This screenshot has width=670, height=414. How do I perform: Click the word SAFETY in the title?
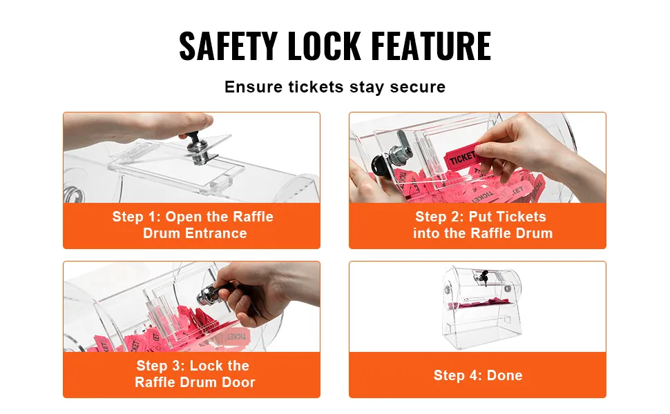click(228, 46)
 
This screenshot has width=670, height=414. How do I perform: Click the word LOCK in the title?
click(324, 46)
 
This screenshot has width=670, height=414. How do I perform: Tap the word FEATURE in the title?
click(431, 46)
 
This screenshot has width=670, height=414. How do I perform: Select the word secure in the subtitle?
click(417, 87)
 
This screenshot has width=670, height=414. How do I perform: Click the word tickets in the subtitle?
click(316, 87)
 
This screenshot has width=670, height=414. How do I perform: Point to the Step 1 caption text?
click(193, 225)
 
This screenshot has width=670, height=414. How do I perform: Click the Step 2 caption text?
click(482, 225)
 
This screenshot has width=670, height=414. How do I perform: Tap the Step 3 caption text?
click(194, 374)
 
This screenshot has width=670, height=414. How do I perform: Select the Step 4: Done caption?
click(478, 375)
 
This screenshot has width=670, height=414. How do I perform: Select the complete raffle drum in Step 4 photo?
click(481, 307)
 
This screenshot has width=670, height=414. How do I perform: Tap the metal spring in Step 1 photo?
click(70, 194)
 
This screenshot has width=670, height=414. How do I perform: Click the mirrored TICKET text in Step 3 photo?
click(236, 336)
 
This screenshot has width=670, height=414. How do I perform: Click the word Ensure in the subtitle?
click(253, 87)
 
